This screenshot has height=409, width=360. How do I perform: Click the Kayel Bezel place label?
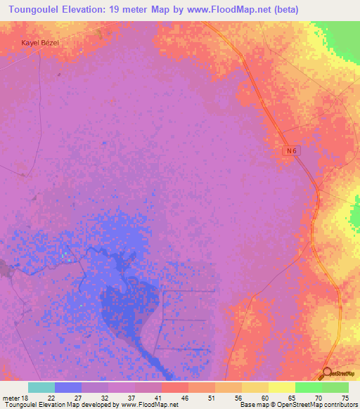[x=41, y=43]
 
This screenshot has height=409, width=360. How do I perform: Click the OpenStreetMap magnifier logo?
[x=327, y=373]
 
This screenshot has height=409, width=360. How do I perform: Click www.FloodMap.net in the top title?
[x=226, y=10]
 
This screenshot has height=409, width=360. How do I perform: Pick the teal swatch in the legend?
[x=41, y=387]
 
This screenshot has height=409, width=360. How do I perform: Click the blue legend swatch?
[x=68, y=387]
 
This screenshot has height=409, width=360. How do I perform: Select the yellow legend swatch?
[x=282, y=387]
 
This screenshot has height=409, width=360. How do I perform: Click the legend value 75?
[x=345, y=397]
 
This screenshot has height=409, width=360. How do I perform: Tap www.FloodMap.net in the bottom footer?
[x=150, y=405]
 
